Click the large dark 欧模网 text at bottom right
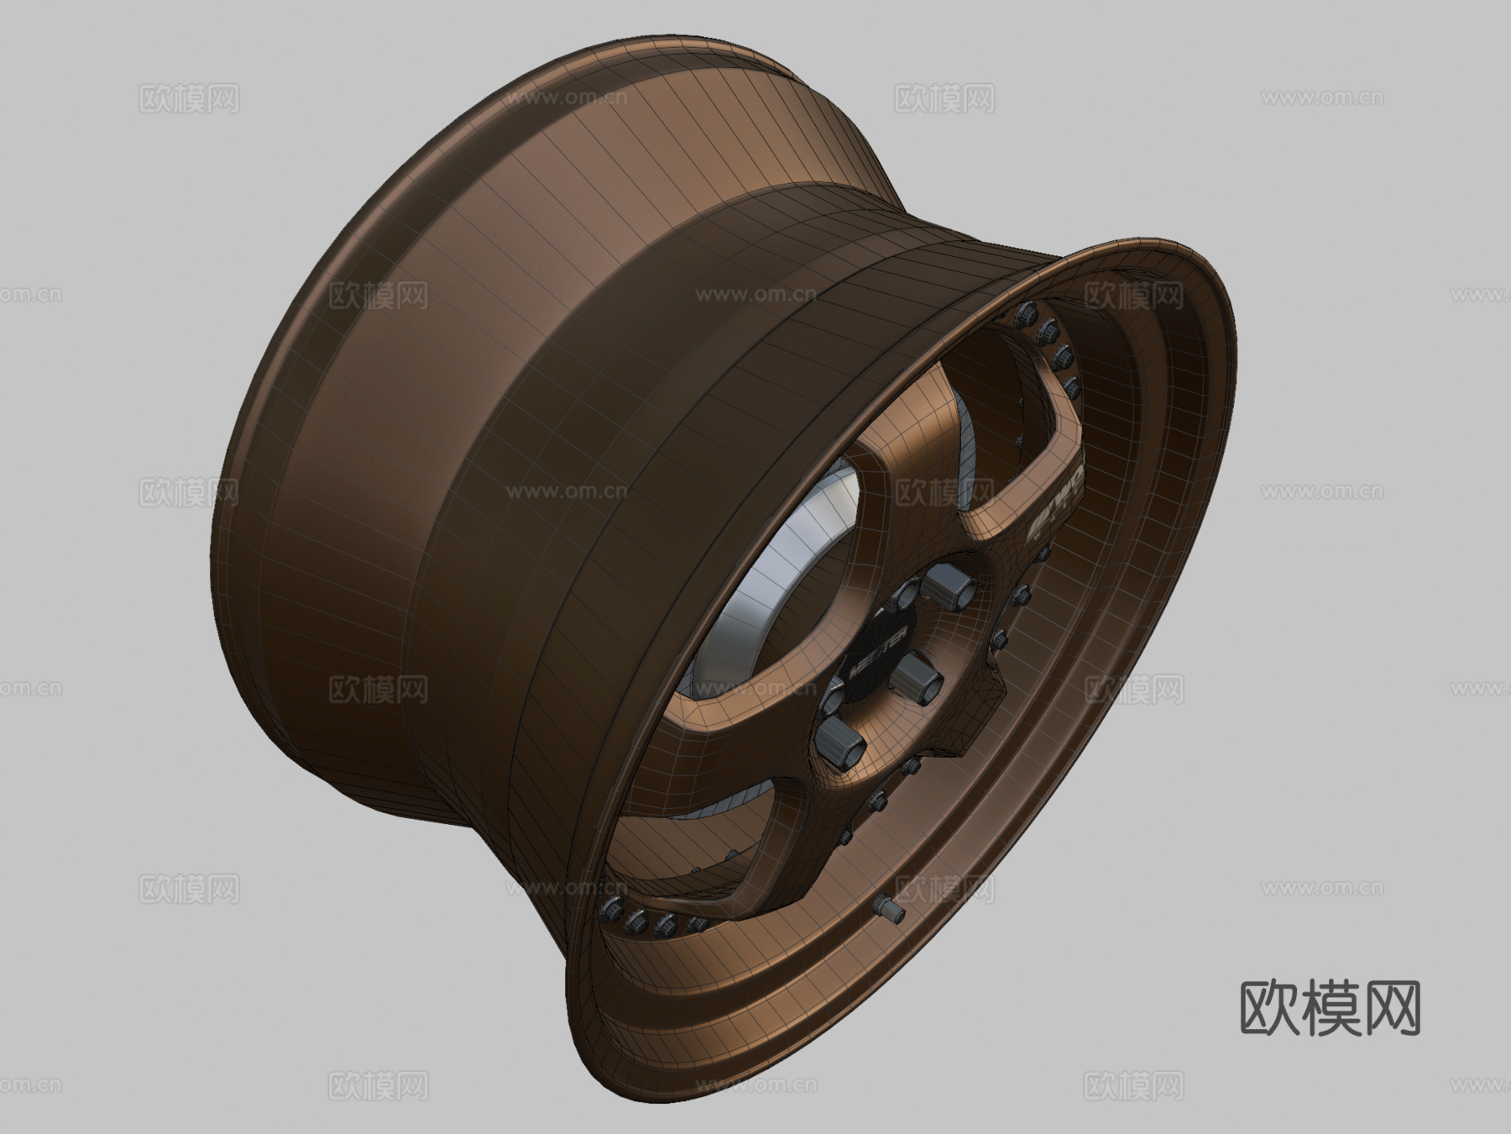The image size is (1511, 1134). point(1330,1009)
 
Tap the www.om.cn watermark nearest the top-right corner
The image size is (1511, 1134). point(1321,98)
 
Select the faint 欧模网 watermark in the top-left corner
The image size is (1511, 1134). point(189,98)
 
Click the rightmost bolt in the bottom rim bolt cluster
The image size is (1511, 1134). point(696,925)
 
